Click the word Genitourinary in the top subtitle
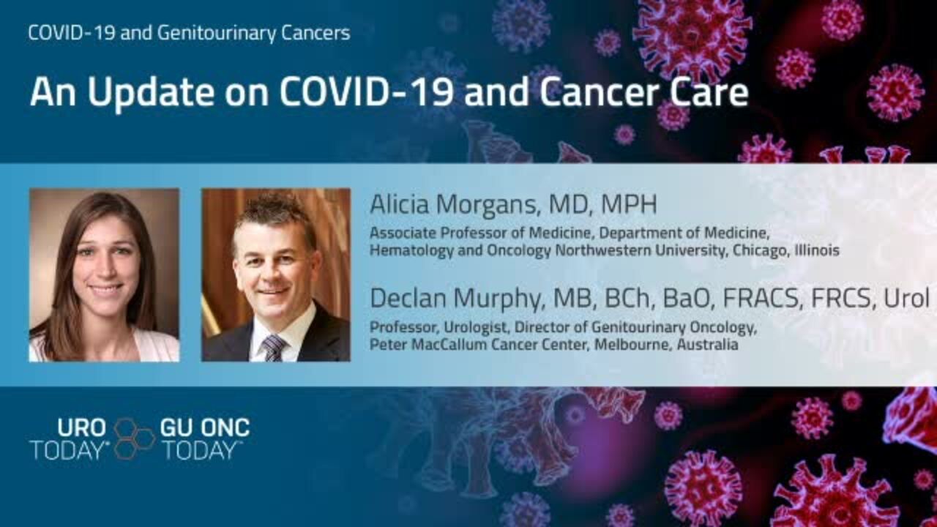click(216, 34)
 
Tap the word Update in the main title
click(151, 93)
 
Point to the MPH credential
click(629, 204)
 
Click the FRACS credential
click(763, 297)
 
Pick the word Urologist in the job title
click(476, 327)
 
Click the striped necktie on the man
click(273, 348)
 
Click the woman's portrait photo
click(104, 274)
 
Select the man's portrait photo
click(276, 274)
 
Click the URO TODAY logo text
click(70, 438)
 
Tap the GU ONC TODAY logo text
click(205, 438)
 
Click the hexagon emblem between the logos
click(134, 438)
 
